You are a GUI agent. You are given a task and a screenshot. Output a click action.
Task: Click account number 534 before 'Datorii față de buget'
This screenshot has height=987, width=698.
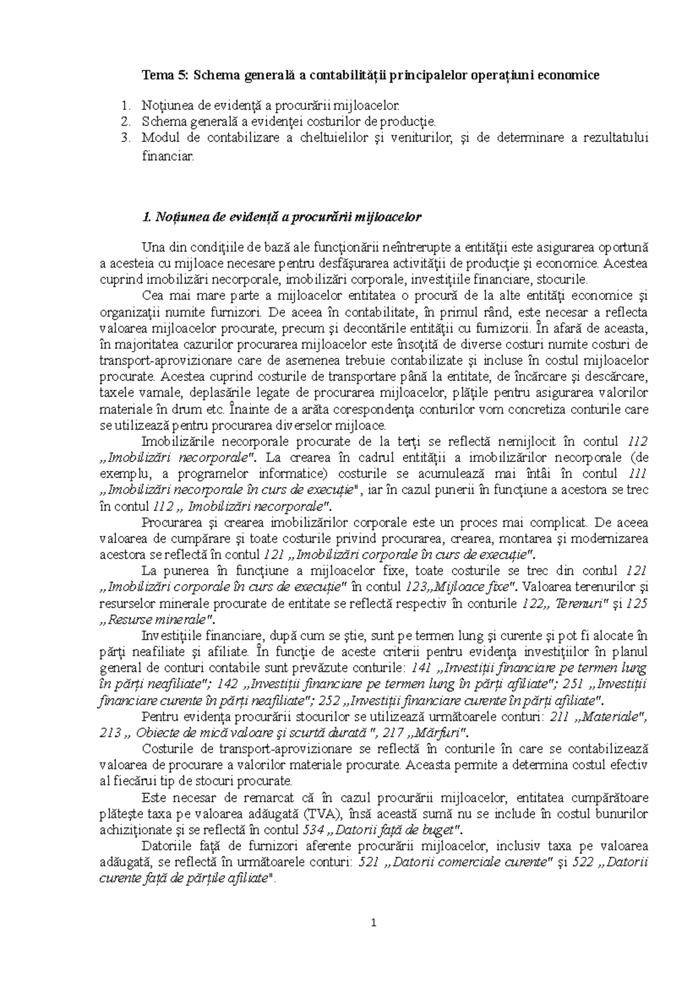click(x=315, y=828)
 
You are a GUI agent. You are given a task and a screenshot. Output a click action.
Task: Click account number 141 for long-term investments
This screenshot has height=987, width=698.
click(x=420, y=667)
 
